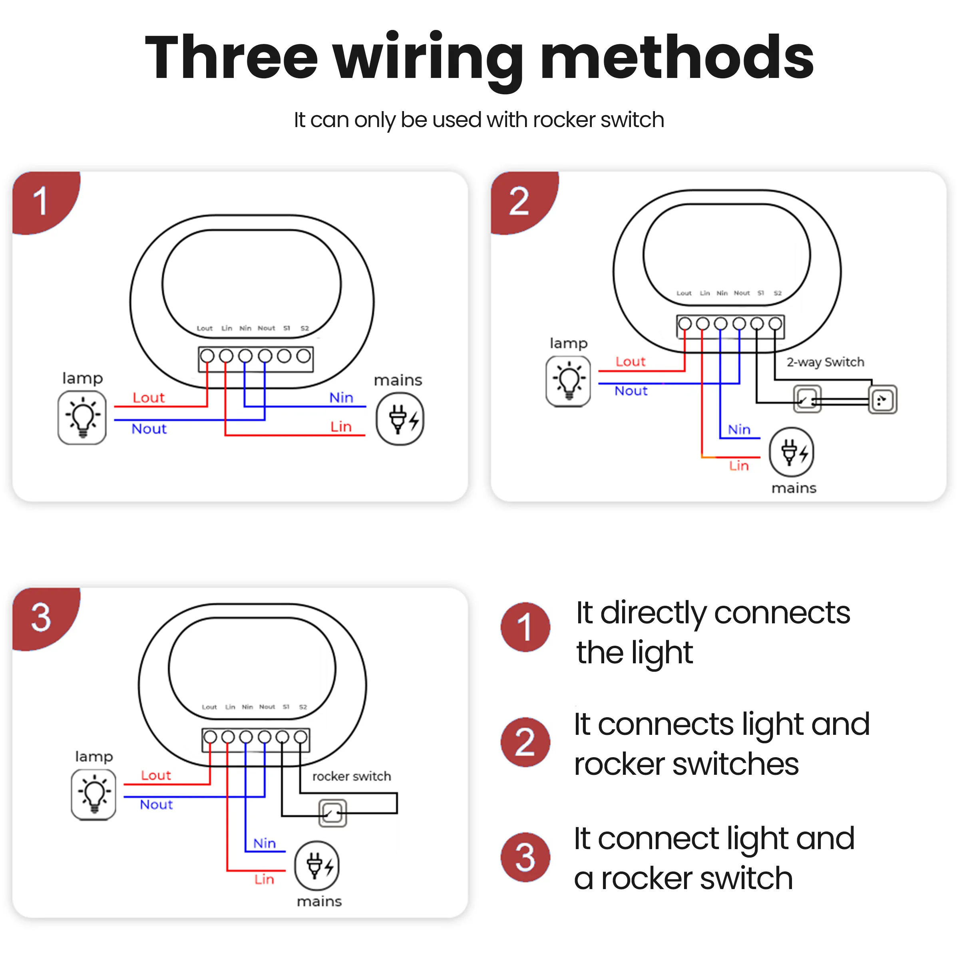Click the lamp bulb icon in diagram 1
coord(82,418)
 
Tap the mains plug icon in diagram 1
coord(400,419)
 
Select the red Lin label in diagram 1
coord(341,427)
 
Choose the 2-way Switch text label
coord(825,362)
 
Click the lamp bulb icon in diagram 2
coord(568,381)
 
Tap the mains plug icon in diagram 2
coord(791,452)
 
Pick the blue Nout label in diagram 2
coord(631,391)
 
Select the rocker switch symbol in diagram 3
coord(332,813)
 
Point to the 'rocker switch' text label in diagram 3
coord(352,776)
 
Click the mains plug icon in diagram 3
coord(317,865)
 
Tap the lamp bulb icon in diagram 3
coord(94,795)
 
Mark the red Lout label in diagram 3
coord(156,775)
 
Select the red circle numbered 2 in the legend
coord(525,742)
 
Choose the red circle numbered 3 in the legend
coord(525,857)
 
